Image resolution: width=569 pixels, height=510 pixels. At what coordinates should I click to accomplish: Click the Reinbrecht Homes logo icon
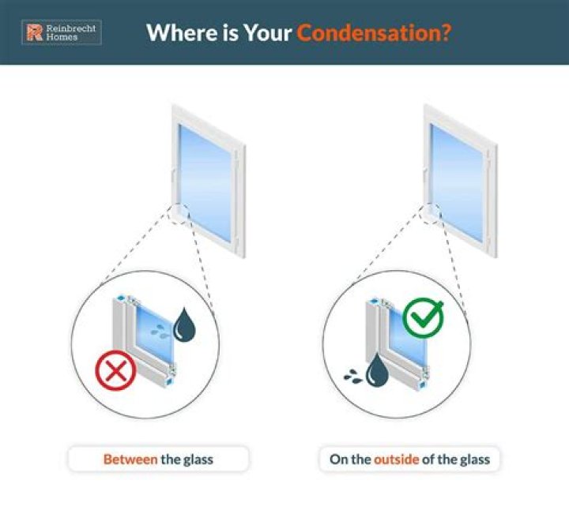coord(34,32)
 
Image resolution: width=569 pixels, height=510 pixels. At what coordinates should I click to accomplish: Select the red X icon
coord(115,371)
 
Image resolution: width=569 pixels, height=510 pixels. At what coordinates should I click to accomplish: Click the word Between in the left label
coord(130,459)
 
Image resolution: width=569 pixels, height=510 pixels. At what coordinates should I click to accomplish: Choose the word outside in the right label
coord(396,459)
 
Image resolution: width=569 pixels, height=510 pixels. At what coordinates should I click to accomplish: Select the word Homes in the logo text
coord(62,37)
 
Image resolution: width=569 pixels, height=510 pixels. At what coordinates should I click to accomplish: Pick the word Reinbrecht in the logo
coord(71,28)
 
